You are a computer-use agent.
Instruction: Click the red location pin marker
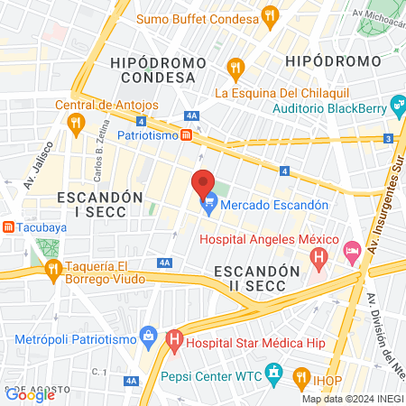(203, 184)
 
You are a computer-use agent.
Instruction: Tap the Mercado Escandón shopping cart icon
(209, 206)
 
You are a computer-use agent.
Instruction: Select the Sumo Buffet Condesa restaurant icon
(269, 14)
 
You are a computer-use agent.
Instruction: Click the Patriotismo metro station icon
(185, 134)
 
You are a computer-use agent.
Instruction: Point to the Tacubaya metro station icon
(7, 226)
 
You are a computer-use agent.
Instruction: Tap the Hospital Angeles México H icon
(318, 258)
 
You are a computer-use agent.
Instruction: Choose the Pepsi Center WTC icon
(276, 374)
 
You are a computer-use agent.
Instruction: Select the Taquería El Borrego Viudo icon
(52, 269)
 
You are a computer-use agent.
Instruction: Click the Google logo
(31, 394)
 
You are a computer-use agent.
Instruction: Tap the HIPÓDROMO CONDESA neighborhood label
(152, 69)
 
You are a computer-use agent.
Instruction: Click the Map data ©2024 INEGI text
(352, 399)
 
